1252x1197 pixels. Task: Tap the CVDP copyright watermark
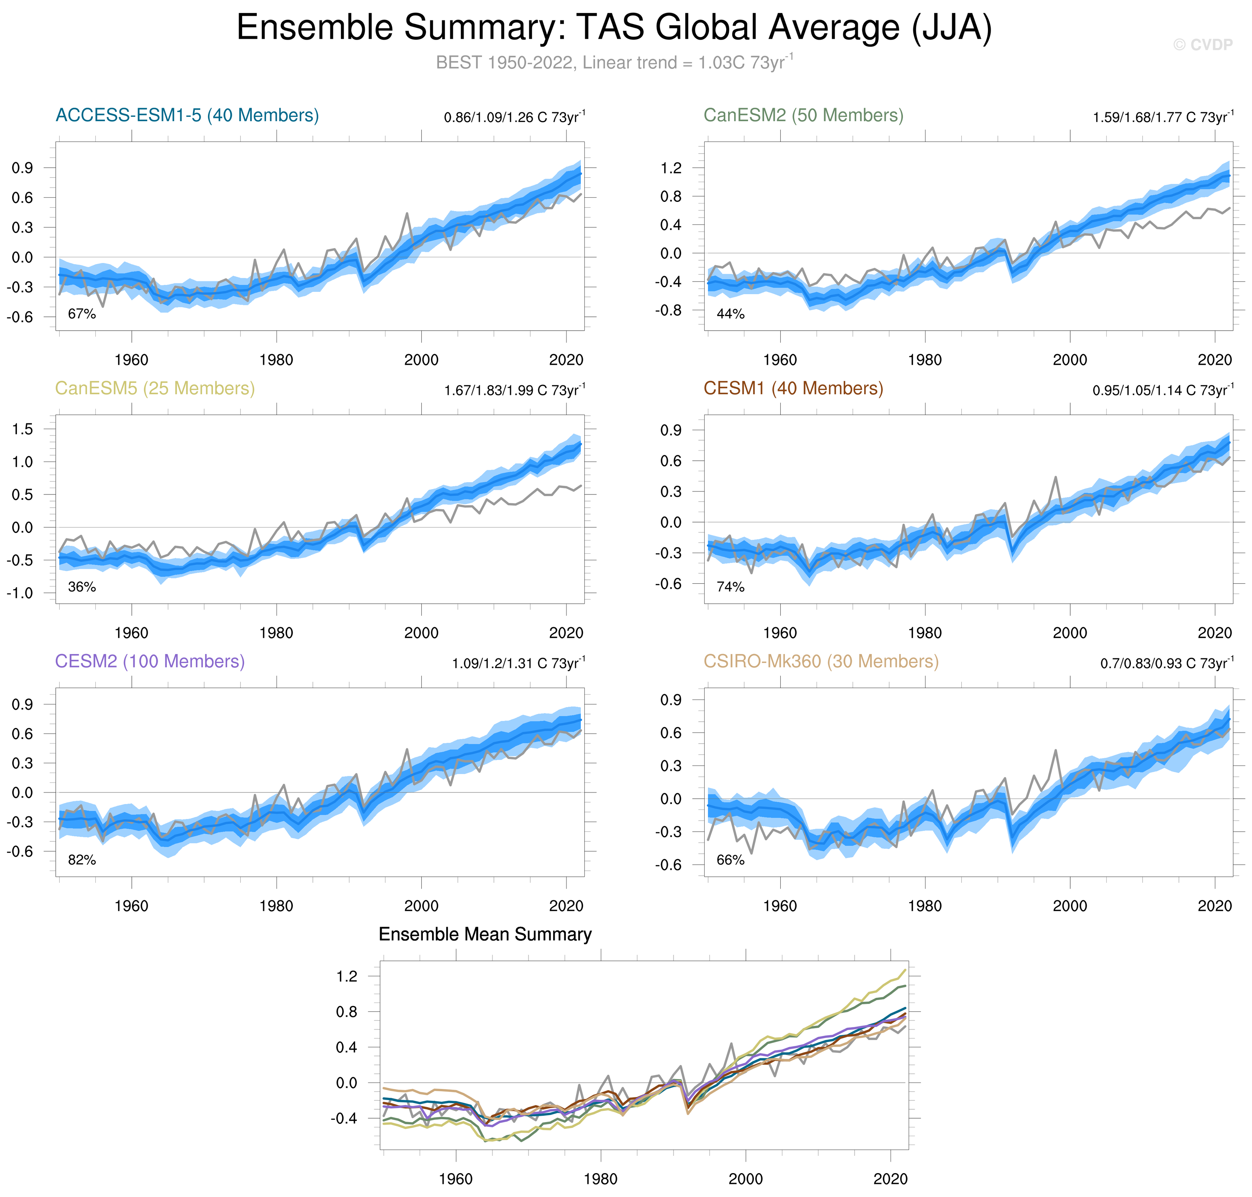(x=1202, y=45)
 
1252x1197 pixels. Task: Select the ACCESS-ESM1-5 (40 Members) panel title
(x=187, y=115)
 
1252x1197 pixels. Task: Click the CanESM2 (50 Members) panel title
(x=803, y=115)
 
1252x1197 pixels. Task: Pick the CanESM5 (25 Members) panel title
(x=155, y=389)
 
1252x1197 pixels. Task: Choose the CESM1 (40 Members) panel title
(x=793, y=389)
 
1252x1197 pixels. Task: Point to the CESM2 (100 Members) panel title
(x=150, y=662)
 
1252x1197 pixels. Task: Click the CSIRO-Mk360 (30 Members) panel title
(x=821, y=662)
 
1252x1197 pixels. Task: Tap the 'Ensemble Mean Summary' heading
(x=485, y=935)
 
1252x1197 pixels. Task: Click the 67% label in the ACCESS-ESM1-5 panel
(x=81, y=314)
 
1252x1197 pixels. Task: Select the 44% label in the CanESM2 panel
(x=730, y=314)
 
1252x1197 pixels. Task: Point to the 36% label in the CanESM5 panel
(x=81, y=587)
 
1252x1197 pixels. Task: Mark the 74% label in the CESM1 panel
(x=730, y=587)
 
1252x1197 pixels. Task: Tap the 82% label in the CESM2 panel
(x=81, y=860)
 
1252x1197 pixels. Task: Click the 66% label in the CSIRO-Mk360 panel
(x=730, y=860)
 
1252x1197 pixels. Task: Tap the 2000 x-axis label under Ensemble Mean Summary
(x=745, y=1179)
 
